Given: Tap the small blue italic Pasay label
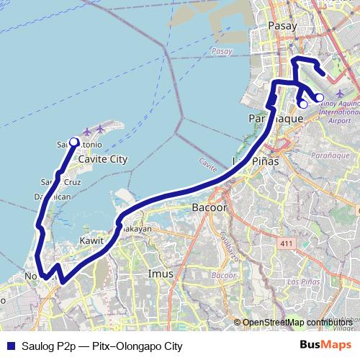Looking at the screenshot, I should pyautogui.click(x=223, y=52).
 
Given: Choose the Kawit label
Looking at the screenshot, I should pyautogui.click(x=91, y=240).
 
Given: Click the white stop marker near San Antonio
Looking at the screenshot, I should pyautogui.click(x=73, y=142).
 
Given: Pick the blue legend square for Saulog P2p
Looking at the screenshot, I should pyautogui.click(x=9, y=346).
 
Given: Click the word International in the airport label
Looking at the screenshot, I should pyautogui.click(x=338, y=113).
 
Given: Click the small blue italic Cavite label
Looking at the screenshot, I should pyautogui.click(x=208, y=165).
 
